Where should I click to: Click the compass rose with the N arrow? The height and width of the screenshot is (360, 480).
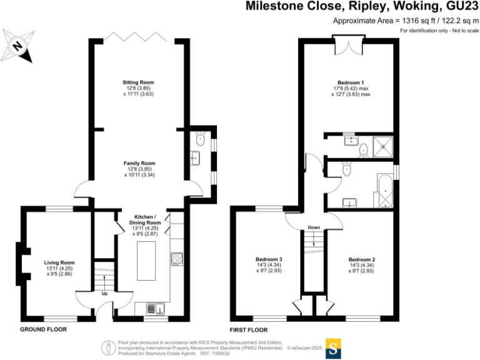coord(19,45)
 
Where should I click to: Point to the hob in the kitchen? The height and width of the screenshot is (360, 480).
coord(176,259)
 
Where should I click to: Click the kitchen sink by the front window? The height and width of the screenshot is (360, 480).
coord(154,307)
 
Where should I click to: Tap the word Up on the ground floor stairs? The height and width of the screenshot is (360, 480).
coord(104,293)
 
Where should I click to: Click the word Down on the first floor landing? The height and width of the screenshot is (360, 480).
coord(314,227)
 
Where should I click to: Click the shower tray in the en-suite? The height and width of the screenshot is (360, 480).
coord(384,146)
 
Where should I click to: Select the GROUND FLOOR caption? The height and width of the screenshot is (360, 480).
coord(44,329)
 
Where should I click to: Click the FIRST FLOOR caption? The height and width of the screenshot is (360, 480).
coord(250,329)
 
